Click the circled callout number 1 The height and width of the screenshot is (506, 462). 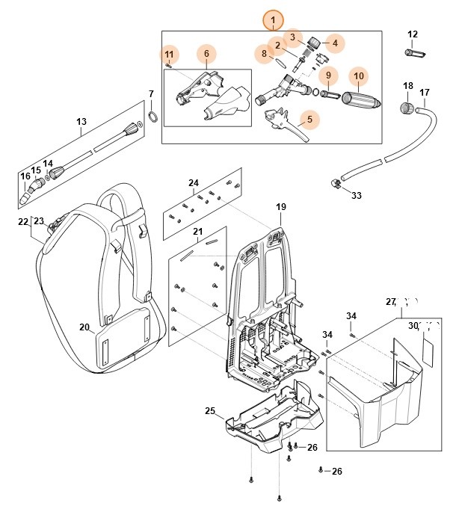[x=274, y=19]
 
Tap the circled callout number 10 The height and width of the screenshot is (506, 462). [x=359, y=75]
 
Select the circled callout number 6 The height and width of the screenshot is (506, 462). [x=206, y=53]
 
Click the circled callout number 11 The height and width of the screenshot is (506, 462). [x=170, y=54]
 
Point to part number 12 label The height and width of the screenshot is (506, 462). [x=413, y=34]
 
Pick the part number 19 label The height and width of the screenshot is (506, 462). [x=281, y=206]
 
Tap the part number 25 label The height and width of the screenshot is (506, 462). [x=210, y=411]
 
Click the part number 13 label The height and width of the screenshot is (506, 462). [x=82, y=122]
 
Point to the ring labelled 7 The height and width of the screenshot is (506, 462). [x=152, y=116]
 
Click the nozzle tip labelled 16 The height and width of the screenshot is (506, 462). [x=28, y=196]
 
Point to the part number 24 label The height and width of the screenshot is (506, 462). [x=194, y=183]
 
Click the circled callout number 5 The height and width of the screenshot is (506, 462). [x=309, y=118]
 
